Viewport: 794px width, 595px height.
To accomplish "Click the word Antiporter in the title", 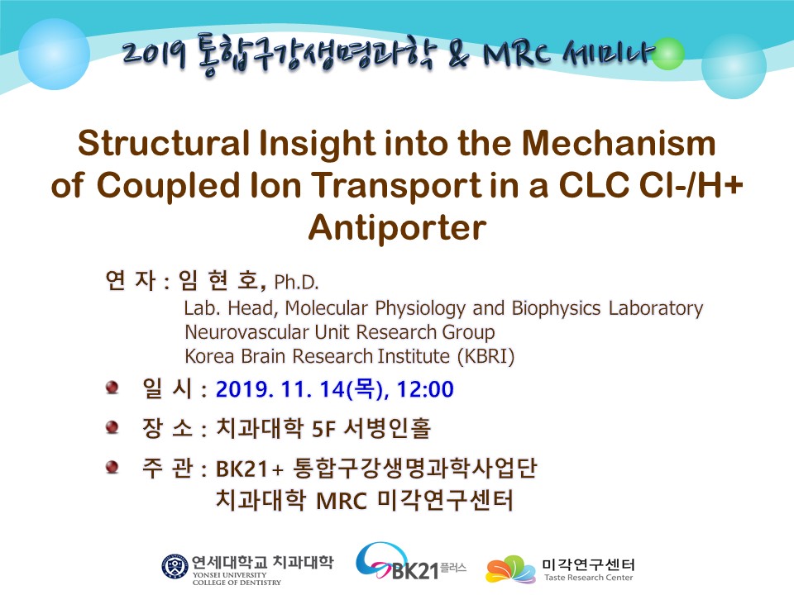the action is (x=397, y=228).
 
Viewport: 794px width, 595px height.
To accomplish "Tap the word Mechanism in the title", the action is (x=619, y=143).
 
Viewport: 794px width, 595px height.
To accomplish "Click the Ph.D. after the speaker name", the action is (x=296, y=283).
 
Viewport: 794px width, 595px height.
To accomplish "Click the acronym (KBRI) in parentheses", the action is (x=486, y=356).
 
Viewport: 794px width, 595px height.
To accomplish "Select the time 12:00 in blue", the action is (x=425, y=389).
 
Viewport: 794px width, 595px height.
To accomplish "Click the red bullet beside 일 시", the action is (x=112, y=388).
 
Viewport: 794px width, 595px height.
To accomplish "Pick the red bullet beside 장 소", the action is (x=112, y=427).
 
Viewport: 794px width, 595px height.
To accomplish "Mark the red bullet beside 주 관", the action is (x=112, y=467).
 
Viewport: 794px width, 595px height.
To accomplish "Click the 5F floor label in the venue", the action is (x=323, y=430).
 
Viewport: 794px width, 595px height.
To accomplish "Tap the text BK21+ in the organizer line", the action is (x=249, y=469).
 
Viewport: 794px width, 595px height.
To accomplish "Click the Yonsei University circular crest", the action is (x=175, y=567).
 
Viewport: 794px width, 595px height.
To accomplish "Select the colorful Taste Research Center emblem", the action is (x=510, y=570).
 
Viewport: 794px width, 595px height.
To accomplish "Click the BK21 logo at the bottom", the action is (x=410, y=562).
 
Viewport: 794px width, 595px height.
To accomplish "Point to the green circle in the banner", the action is (x=668, y=54).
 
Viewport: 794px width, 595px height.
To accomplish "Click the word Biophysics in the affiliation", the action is (x=556, y=308).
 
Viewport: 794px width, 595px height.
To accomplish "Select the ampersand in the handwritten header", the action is (x=459, y=55).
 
